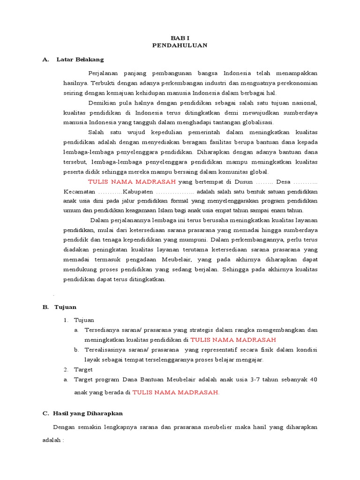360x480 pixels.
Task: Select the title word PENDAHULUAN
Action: point(180,45)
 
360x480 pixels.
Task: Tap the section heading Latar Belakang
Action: point(80,60)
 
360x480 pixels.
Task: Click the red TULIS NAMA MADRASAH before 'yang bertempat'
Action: point(132,182)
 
